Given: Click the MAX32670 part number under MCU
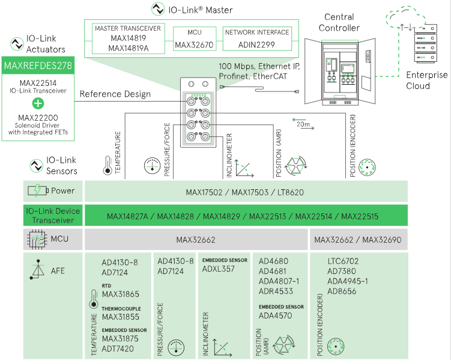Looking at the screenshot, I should pos(194,44).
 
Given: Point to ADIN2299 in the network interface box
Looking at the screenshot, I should pos(256,44).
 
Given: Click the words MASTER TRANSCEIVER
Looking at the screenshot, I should pos(129,28).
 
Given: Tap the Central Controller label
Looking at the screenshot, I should pos(339,22).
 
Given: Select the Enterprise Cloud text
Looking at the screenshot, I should pos(426,81).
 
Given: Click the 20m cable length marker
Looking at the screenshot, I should pos(304,124).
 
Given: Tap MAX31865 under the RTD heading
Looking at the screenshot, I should pos(121,294).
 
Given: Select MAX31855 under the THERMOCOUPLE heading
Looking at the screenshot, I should pos(121,317).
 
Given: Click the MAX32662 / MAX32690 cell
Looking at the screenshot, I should pos(359,240).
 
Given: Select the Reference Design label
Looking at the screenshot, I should pos(115,94).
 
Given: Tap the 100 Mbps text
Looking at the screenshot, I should pos(238,65).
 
